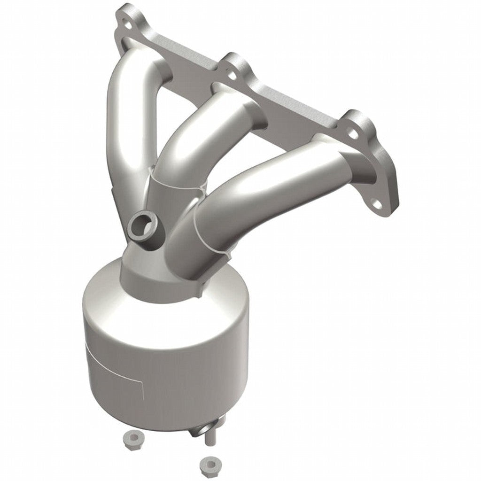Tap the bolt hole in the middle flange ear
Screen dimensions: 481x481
click(x=231, y=73)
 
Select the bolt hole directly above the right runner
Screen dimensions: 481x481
click(x=353, y=135)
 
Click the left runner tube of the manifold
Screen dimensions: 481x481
click(x=123, y=132)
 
